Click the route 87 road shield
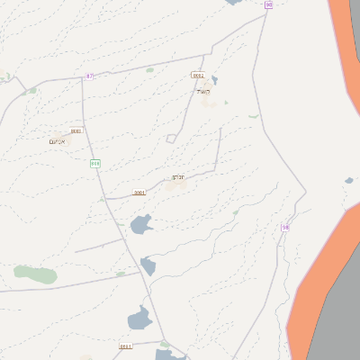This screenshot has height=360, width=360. click(x=89, y=76)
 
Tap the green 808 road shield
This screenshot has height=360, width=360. click(x=94, y=163)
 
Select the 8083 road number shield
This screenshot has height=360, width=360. click(x=76, y=130)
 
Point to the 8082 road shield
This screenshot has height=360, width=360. click(x=198, y=76)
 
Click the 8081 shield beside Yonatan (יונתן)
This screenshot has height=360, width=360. click(x=139, y=193)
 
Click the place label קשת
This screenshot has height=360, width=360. click(x=202, y=91)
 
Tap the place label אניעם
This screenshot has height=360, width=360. click(x=57, y=140)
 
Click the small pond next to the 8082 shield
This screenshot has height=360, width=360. click(x=213, y=79)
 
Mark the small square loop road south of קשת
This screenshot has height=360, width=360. click(x=171, y=138)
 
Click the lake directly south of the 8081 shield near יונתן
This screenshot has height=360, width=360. click(x=141, y=223)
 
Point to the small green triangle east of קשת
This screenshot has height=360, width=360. click(x=253, y=115)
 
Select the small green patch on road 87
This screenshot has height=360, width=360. click(x=149, y=69)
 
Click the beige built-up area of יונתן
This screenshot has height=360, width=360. click(x=171, y=184)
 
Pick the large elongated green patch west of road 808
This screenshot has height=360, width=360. click(x=35, y=274)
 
